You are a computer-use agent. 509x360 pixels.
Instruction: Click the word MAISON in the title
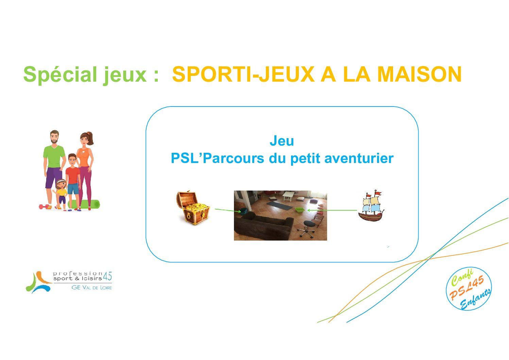(x=419, y=74)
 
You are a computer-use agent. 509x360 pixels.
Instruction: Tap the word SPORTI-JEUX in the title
(x=243, y=74)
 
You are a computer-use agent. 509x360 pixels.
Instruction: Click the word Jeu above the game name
(x=282, y=141)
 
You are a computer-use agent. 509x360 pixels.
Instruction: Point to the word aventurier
(x=359, y=158)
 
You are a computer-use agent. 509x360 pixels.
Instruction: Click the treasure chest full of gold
(x=193, y=208)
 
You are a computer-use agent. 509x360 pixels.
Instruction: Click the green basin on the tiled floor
(x=300, y=210)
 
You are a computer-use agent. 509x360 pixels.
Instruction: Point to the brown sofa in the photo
(x=264, y=226)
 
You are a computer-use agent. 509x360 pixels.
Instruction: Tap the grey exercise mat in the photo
(x=279, y=206)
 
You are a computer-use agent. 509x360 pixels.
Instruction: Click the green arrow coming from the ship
(x=332, y=210)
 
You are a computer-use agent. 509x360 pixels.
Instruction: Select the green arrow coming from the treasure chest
(x=228, y=210)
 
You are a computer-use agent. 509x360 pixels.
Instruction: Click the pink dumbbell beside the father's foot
(x=45, y=207)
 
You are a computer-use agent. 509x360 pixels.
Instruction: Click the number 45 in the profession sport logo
(x=107, y=276)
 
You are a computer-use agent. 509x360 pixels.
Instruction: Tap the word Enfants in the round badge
(x=475, y=299)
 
